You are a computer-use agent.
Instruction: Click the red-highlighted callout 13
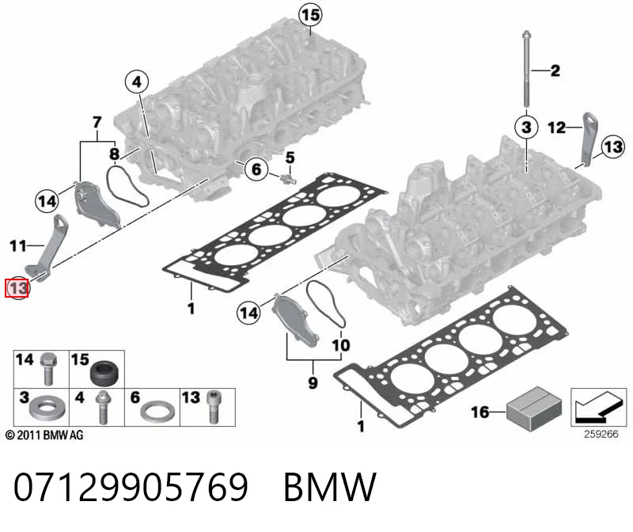tap(17, 288)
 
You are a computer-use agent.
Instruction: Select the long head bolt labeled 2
tap(526, 68)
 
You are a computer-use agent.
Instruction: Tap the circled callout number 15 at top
tap(310, 15)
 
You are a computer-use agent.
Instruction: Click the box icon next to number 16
tap(534, 408)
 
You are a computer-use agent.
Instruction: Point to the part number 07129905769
tap(131, 487)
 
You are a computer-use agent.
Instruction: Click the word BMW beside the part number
tap(330, 487)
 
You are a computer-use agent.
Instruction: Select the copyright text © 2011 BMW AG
tap(44, 435)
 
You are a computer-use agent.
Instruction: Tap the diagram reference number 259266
tap(601, 434)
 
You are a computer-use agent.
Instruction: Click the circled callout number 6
tap(256, 169)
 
